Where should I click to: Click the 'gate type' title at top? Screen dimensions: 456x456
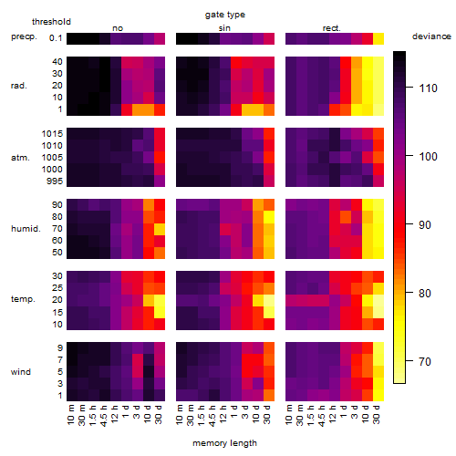point(225,15)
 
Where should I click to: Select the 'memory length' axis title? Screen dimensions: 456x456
point(224,443)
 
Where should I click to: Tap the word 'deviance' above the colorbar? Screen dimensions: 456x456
point(431,36)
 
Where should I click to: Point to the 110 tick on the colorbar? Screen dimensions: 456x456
point(409,88)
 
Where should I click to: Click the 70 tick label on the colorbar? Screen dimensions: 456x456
point(425,361)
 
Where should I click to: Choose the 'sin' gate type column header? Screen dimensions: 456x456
point(224,28)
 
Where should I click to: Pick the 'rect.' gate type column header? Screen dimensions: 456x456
point(331,28)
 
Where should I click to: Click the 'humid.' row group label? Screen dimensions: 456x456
point(26,229)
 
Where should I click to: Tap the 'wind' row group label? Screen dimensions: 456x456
point(21,372)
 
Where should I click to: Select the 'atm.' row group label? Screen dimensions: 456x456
point(20,158)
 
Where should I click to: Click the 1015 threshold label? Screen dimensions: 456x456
point(52,133)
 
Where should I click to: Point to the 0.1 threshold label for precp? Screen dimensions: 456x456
point(56,38)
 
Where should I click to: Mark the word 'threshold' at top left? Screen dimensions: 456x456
point(51,22)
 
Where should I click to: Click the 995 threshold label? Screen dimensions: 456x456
point(55,181)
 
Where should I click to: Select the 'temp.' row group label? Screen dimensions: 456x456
point(23,299)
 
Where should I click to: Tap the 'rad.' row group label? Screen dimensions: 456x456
point(19,86)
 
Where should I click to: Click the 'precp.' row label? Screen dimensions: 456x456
point(24,37)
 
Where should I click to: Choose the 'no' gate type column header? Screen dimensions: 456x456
point(118,28)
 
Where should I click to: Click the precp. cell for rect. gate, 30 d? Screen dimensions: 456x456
point(378,38)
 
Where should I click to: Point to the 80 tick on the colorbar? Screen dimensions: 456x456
point(409,293)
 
